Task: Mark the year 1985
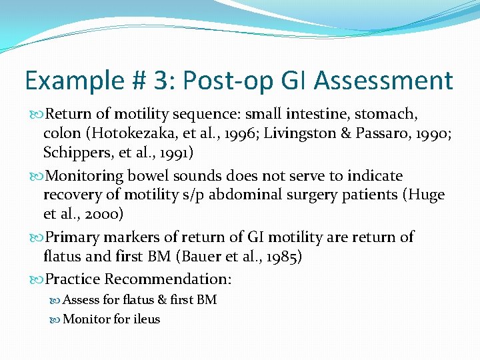281,255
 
